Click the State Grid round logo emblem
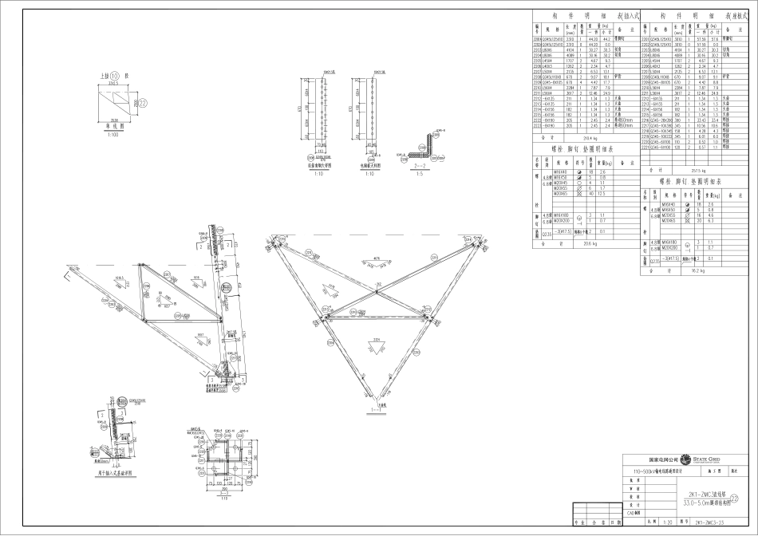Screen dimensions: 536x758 [687, 460]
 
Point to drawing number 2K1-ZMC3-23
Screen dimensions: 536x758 [709, 522]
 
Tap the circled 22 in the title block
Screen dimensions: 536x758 [745, 498]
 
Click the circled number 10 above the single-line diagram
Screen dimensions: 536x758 [115, 76]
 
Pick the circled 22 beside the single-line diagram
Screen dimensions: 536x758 [143, 103]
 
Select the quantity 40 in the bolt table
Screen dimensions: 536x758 [591, 194]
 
